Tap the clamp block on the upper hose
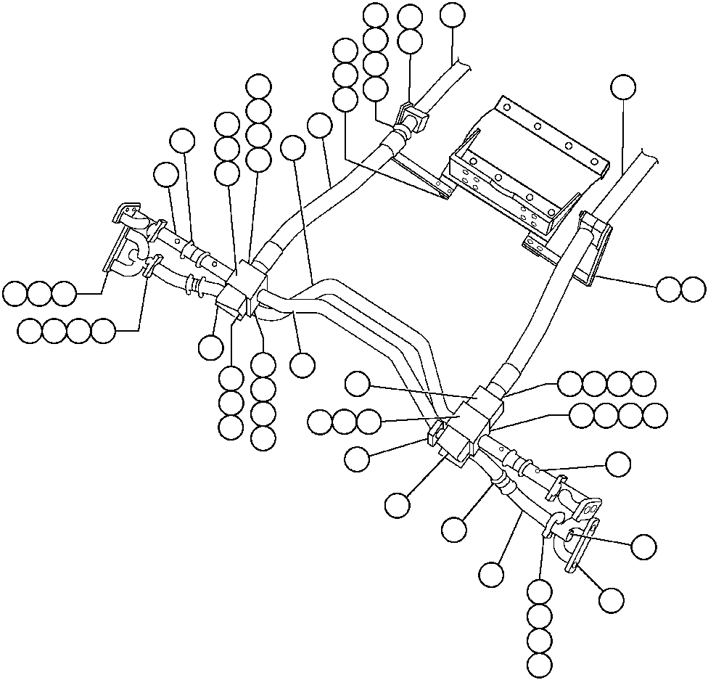(411, 119)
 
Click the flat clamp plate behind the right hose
(596, 247)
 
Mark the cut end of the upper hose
(461, 66)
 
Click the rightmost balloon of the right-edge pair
(693, 289)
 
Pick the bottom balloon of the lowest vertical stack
(540, 664)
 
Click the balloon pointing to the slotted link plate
(611, 599)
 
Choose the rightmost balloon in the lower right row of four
(654, 415)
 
